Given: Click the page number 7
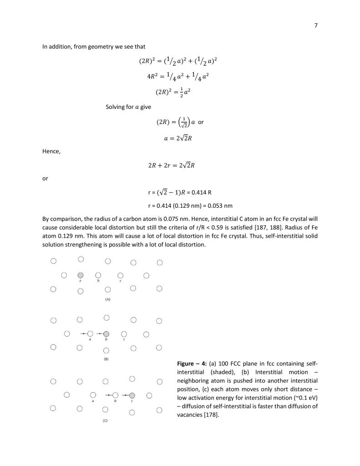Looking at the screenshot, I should click(315, 26).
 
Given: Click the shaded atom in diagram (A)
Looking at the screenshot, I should click(80, 275).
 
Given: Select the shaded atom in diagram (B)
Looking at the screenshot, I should click(106, 334).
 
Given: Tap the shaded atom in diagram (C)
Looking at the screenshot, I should click(132, 395).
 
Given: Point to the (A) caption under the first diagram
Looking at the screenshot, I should click(108, 299).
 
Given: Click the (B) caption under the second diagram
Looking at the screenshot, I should click(106, 359).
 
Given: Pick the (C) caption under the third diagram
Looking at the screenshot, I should click(105, 420).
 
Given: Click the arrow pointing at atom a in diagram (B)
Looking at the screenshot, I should click(83, 334).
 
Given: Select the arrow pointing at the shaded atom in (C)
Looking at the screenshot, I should click(124, 395).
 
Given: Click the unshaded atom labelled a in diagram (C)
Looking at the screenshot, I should click(93, 395).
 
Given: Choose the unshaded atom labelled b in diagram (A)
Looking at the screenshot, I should click(97, 276).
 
